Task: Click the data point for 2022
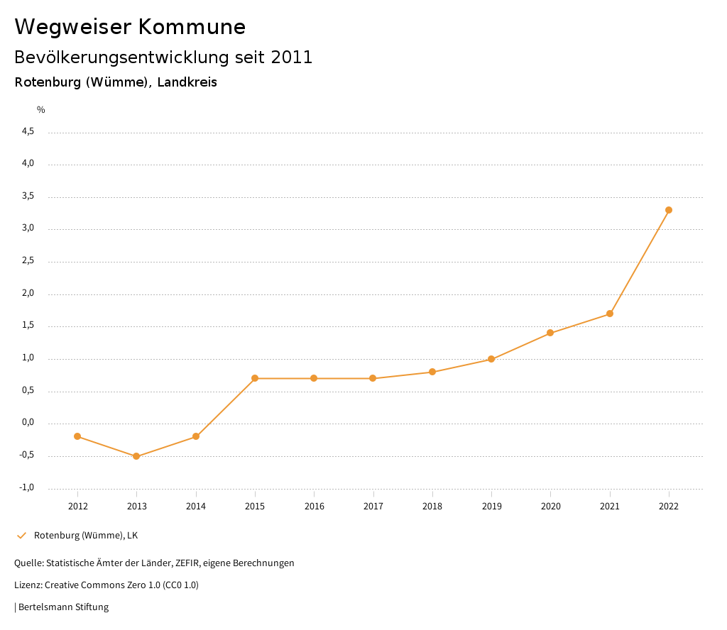point(669,210)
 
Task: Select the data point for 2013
point(137,456)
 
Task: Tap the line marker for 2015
point(255,378)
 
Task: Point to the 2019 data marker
point(491,359)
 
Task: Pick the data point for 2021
point(610,314)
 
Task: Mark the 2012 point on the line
point(77,436)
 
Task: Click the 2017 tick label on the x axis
point(373,506)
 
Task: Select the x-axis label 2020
point(551,506)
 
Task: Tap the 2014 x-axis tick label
point(196,506)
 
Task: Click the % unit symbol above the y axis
point(41,110)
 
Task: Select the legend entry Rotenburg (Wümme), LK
point(86,535)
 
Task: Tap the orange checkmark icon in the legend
point(21,535)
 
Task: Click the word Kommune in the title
point(192,27)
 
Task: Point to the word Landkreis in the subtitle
point(187,82)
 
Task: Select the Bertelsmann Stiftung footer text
point(63,607)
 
